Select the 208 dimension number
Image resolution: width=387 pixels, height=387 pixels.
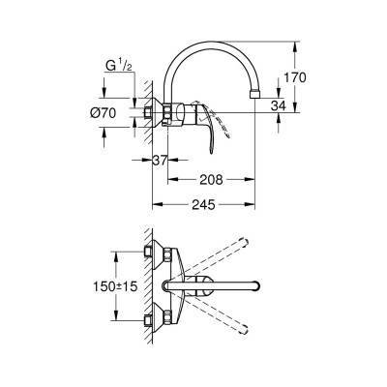pos(214,178)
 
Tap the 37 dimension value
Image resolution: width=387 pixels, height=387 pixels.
pos(161,161)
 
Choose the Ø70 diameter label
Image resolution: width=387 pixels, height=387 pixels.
pos(115,113)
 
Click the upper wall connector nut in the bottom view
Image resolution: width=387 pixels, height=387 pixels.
pos(150,253)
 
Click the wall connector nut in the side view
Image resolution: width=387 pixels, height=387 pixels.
pos(150,113)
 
